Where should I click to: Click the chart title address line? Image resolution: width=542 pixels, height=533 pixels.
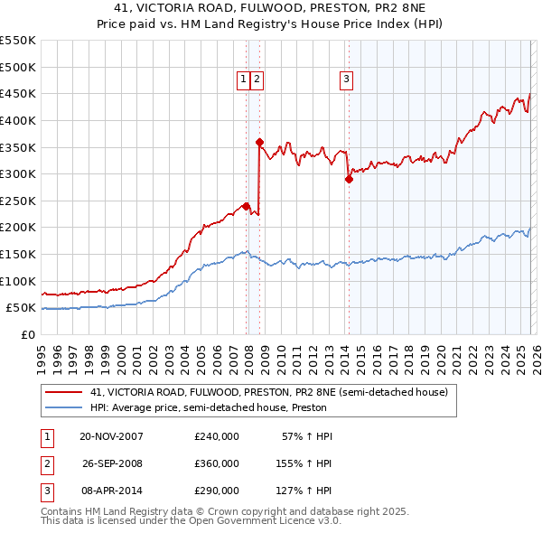(x=271, y=7)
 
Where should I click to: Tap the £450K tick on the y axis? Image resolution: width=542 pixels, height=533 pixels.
(x=18, y=93)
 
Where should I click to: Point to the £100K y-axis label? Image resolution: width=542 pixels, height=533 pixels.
(x=18, y=281)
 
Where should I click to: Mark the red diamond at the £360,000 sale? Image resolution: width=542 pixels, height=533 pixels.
(x=259, y=142)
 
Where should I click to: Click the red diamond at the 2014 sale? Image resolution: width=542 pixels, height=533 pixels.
(x=348, y=179)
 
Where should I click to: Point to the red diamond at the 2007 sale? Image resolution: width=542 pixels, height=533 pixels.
(x=246, y=206)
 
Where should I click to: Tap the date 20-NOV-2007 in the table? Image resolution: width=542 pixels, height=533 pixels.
(x=111, y=436)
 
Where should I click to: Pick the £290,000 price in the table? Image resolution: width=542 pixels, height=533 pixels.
(x=217, y=491)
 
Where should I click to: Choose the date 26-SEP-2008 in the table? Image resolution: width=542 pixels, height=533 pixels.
(x=111, y=463)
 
